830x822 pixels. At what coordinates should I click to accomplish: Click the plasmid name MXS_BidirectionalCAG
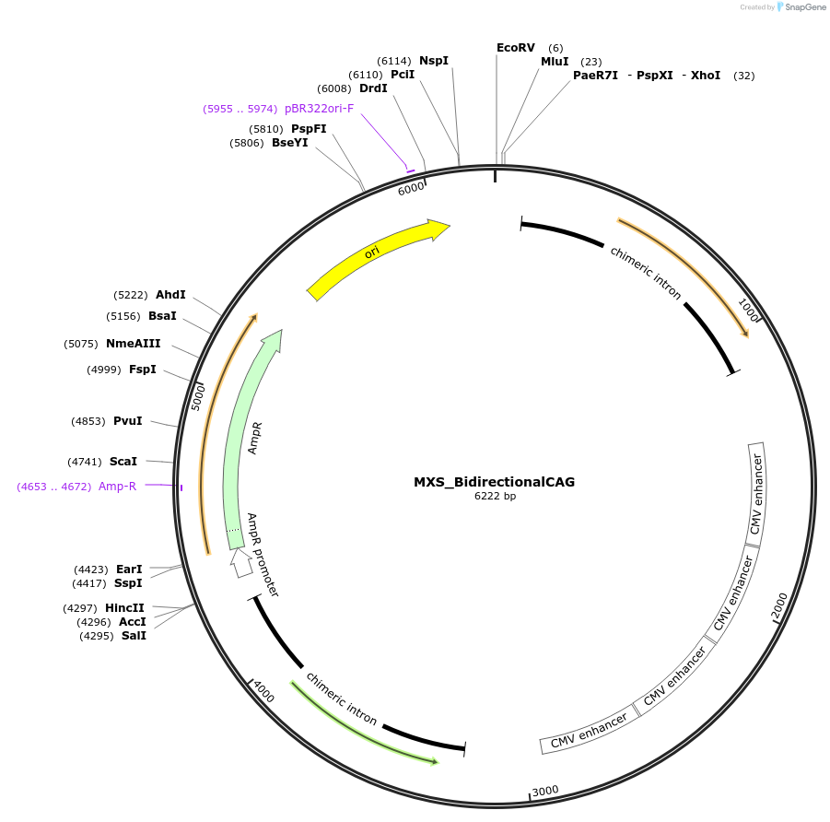(x=494, y=482)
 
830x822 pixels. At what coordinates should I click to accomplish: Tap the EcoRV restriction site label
(x=515, y=47)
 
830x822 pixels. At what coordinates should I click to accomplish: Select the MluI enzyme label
(x=555, y=62)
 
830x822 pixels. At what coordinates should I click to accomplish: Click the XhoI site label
(x=706, y=76)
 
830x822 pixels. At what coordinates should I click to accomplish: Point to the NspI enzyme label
(x=434, y=61)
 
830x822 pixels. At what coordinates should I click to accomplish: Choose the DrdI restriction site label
(x=373, y=88)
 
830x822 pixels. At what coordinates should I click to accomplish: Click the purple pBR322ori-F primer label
(x=319, y=109)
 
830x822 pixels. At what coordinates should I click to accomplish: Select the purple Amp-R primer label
(x=117, y=487)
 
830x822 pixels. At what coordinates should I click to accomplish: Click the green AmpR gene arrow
(x=241, y=433)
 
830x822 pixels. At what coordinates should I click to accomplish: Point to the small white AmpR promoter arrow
(x=241, y=561)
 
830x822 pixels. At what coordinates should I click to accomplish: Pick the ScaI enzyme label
(x=123, y=462)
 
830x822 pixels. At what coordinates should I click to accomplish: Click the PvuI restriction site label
(x=127, y=421)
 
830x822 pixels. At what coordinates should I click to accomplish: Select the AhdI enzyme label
(x=170, y=295)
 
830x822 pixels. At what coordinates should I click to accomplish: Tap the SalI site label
(x=134, y=636)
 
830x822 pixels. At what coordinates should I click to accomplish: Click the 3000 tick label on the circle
(x=546, y=791)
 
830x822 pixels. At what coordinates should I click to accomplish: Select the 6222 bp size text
(x=495, y=497)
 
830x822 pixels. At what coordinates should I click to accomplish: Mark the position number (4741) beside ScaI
(x=84, y=462)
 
